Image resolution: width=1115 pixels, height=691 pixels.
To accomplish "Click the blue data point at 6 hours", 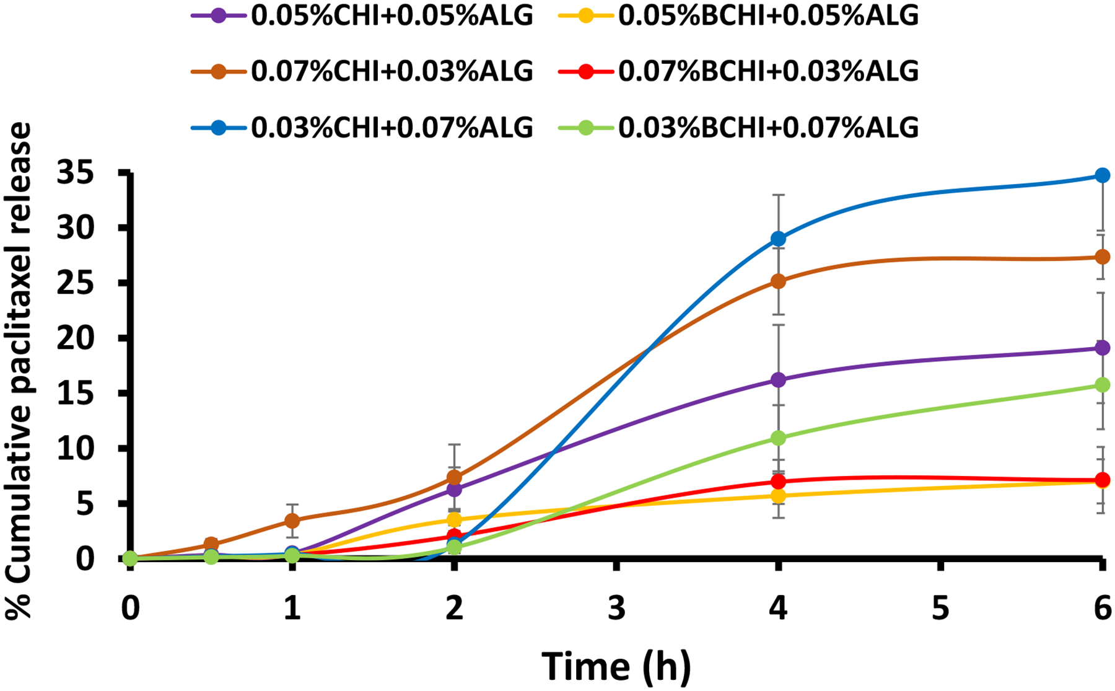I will [1102, 175].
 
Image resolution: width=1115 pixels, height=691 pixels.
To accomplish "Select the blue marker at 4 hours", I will [778, 239].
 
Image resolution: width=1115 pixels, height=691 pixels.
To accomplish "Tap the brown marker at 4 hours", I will [778, 281].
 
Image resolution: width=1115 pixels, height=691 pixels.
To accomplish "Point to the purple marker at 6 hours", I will [1102, 348].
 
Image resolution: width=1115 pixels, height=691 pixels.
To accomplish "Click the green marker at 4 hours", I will [778, 438].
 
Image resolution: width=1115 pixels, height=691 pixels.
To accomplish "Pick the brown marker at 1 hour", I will [292, 521].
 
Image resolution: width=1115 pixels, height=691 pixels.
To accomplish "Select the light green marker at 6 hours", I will [1102, 385].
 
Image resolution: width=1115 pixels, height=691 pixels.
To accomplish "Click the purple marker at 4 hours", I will [778, 380].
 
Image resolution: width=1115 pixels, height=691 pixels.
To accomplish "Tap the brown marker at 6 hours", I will [1102, 257].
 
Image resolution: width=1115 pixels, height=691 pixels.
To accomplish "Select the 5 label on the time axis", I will [940, 609].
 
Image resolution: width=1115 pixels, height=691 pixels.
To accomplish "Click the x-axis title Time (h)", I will [616, 666].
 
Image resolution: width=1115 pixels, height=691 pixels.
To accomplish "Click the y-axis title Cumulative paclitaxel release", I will [19, 371].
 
